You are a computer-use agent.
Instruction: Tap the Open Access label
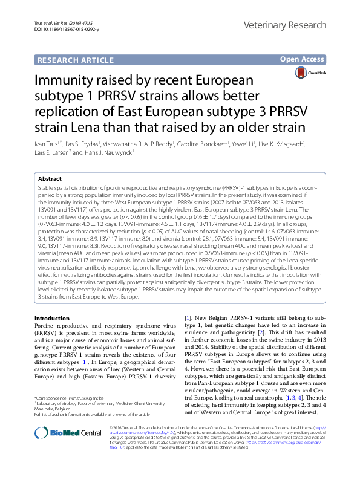click(x=302, y=59)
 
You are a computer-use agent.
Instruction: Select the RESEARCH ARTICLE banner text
click(x=74, y=60)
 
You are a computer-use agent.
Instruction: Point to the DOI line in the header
click(x=57, y=29)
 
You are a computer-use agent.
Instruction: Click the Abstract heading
click(x=50, y=180)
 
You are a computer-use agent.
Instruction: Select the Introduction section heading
click(x=52, y=318)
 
